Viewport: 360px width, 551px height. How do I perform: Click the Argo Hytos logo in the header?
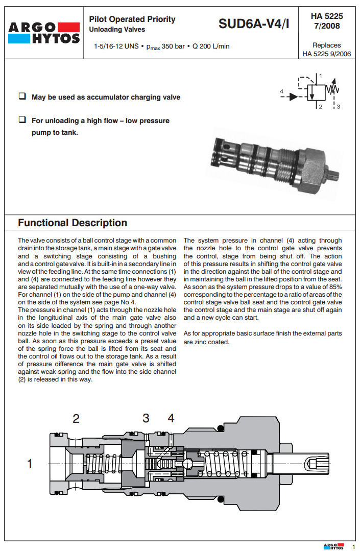44,32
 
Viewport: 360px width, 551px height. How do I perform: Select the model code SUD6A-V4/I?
253,23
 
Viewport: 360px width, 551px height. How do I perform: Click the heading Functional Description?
73,223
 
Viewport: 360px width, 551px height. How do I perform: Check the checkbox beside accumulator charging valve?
22,97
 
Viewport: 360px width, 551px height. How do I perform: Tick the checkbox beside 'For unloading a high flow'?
22,120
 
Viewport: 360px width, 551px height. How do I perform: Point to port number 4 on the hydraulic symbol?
282,91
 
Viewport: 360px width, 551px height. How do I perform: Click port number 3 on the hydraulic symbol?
338,107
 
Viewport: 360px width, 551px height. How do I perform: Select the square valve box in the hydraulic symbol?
316,93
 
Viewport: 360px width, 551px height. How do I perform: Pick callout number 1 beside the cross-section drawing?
30,464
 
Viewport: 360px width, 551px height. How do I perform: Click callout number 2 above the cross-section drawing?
76,419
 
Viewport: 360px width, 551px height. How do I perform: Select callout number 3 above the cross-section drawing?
146,419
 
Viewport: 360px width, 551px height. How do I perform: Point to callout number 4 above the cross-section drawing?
171,419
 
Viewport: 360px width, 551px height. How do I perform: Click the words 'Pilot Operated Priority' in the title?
132,19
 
